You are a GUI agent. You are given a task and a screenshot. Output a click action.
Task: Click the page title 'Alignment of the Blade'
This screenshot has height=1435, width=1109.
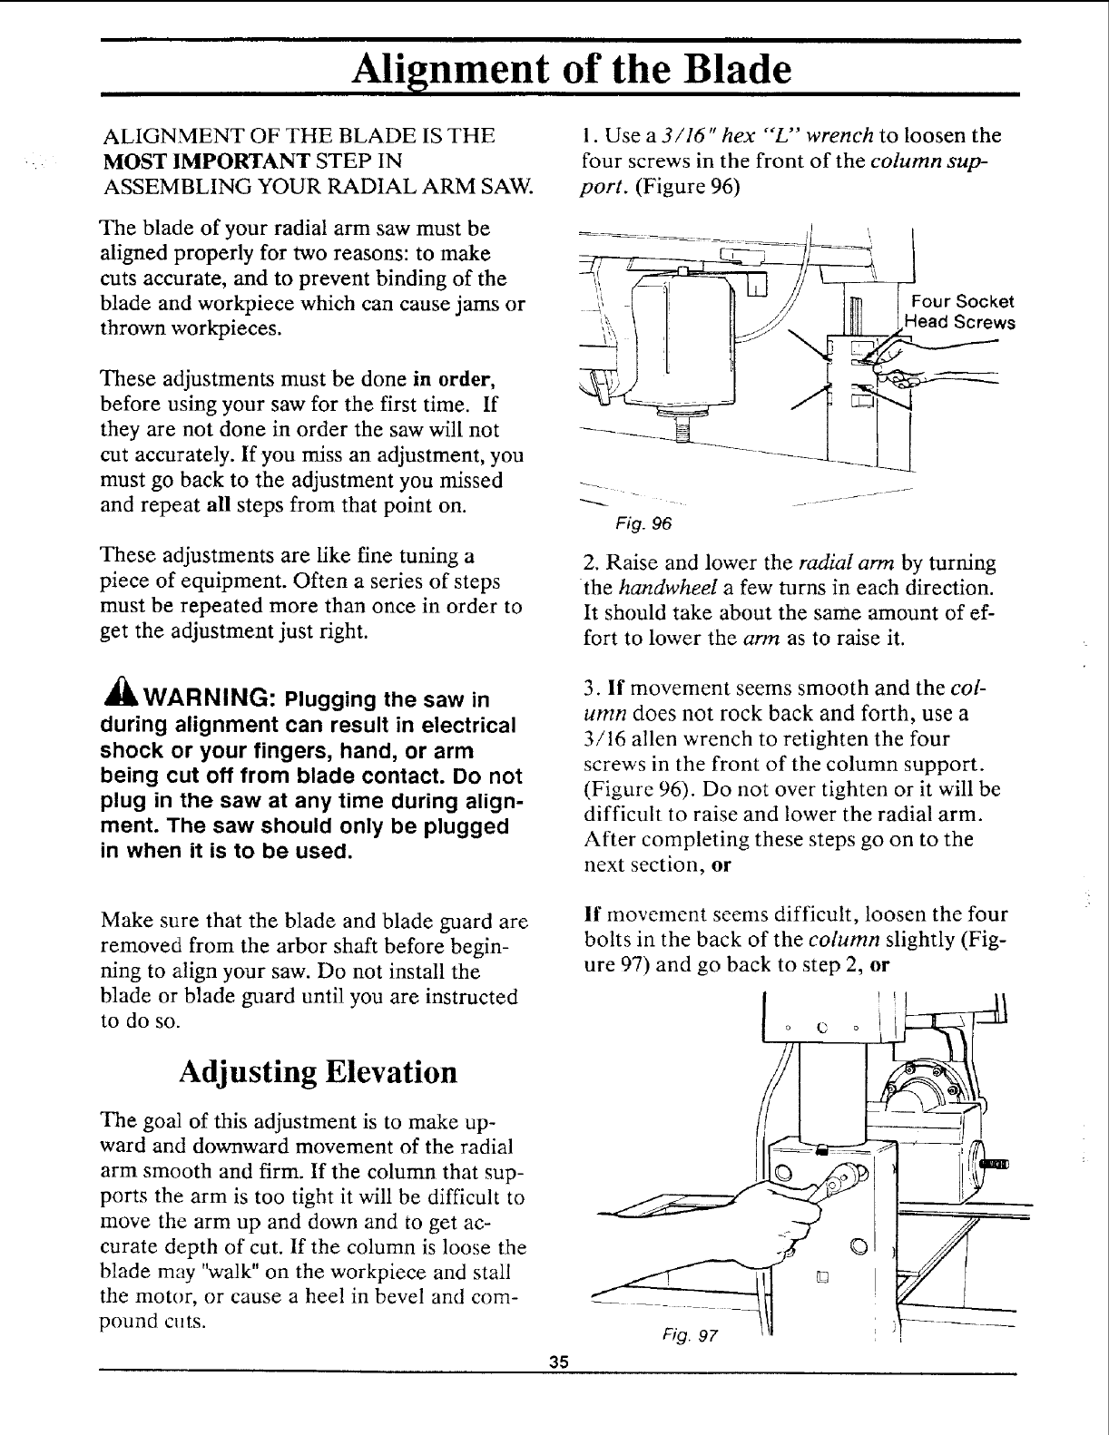click(571, 68)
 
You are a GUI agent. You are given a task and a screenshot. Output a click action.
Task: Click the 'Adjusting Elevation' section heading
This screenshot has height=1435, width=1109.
click(317, 1071)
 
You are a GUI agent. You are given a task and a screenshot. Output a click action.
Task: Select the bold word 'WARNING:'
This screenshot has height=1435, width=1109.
click(199, 699)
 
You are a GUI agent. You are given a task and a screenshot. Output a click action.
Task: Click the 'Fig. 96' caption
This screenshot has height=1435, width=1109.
click(643, 523)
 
